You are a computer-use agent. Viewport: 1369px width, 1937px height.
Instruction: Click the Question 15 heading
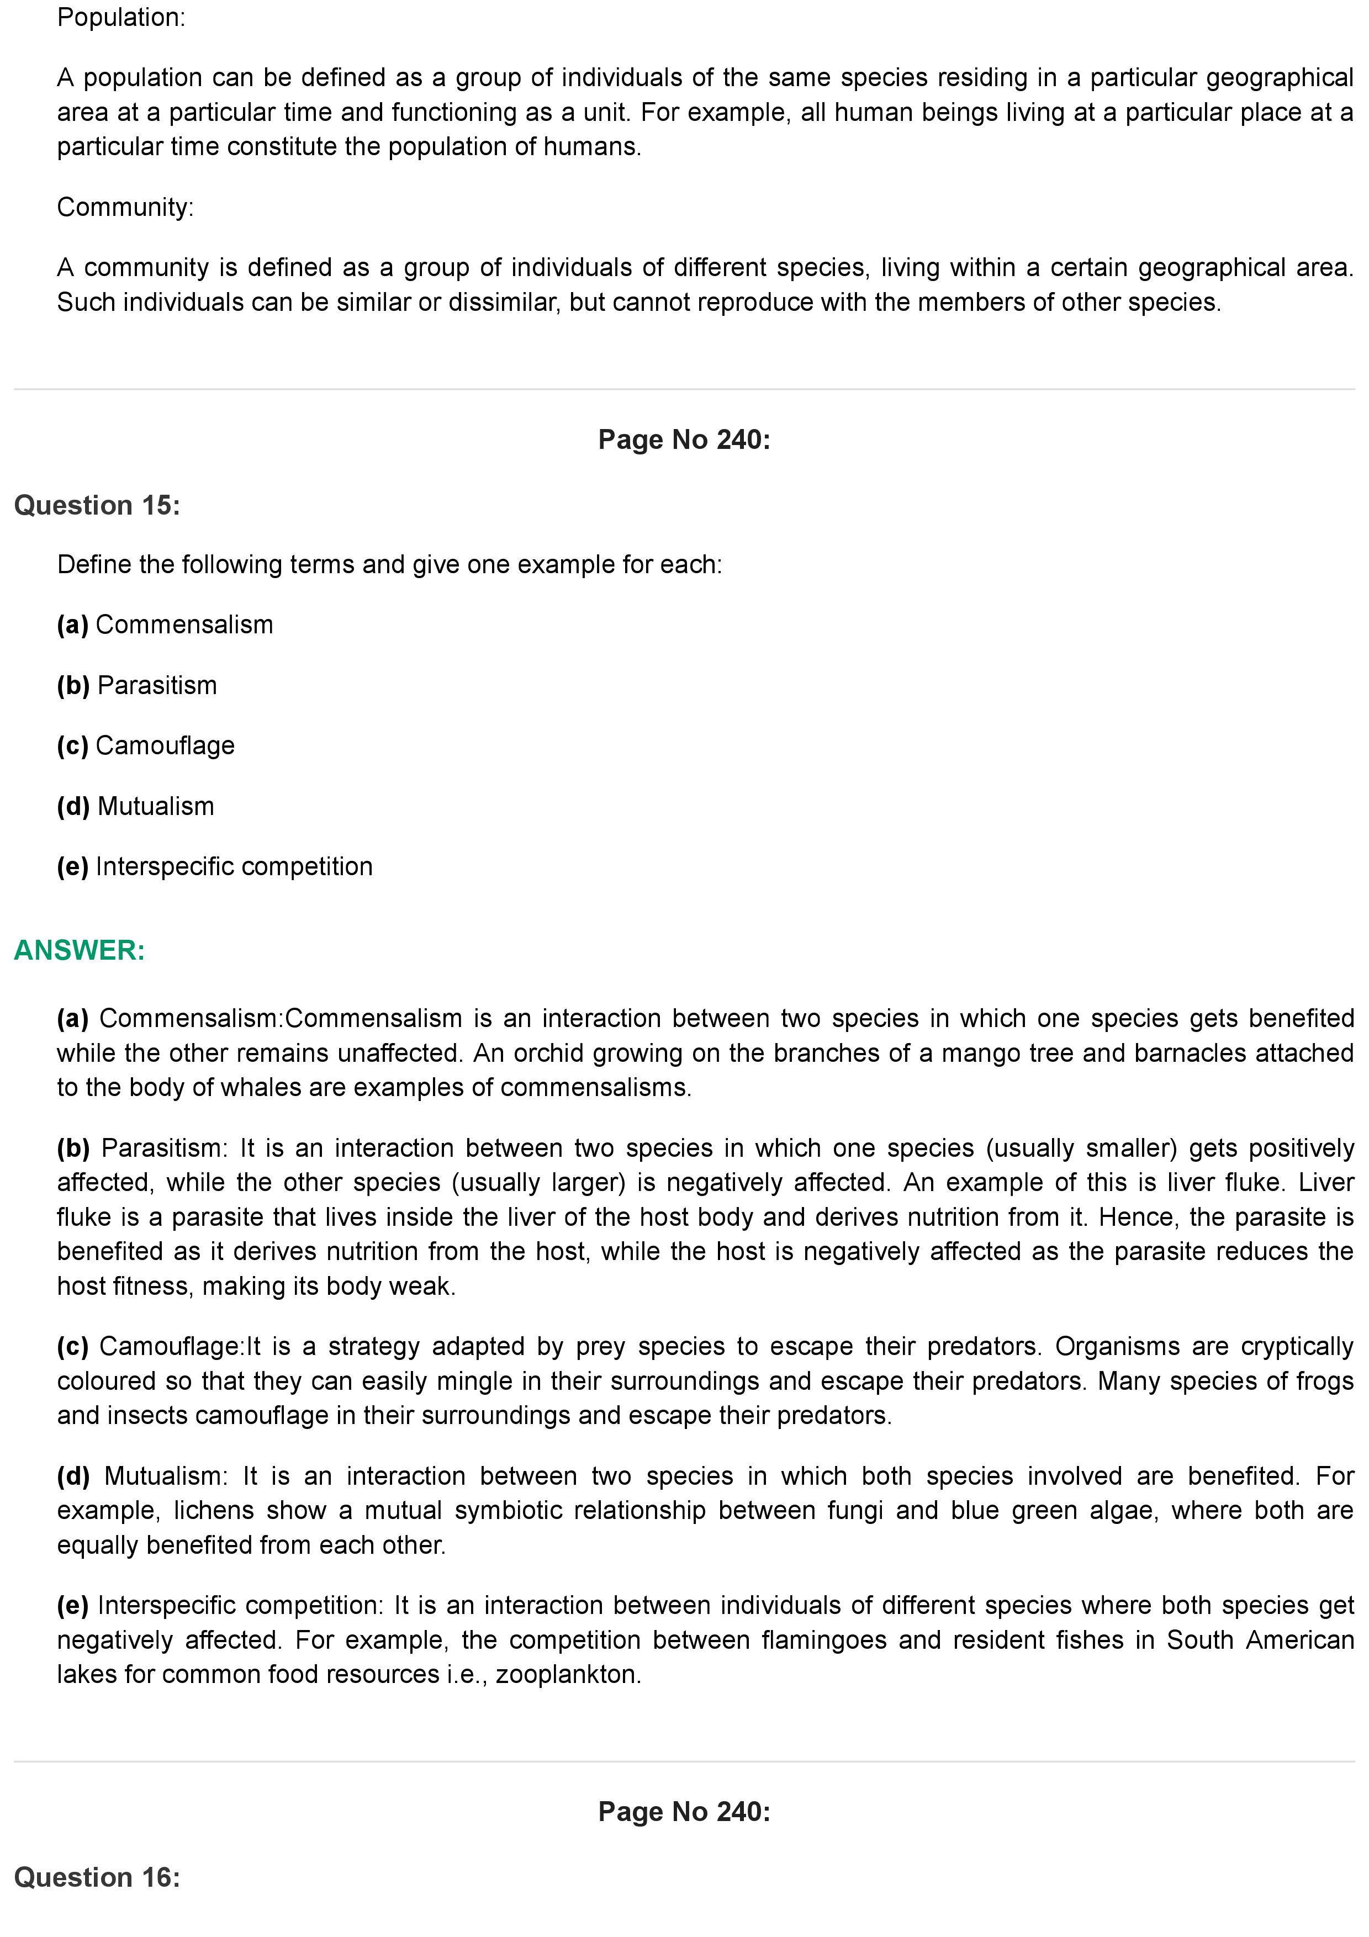pos(97,505)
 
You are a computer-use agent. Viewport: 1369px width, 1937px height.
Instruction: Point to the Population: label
pos(120,17)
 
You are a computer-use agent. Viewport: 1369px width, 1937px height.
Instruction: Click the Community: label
pos(125,207)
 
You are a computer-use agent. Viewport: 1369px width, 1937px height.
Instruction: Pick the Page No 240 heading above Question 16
pos(684,1811)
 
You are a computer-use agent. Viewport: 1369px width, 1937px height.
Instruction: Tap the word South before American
pos(1198,1640)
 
